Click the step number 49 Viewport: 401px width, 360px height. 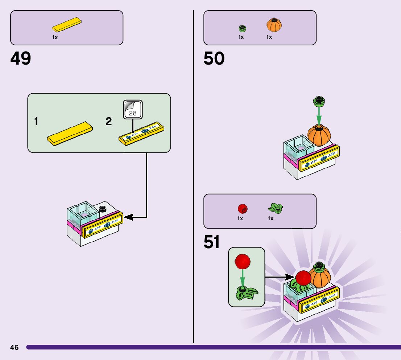tap(21, 58)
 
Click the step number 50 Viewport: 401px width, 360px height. tap(214, 58)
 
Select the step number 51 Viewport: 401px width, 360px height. tap(212, 242)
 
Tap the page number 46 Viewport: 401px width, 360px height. tap(15, 347)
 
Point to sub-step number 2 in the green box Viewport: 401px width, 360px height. tap(108, 122)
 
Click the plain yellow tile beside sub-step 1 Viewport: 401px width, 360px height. tap(70, 133)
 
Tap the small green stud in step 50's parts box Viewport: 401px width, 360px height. tap(242, 28)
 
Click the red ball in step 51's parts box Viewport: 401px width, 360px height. tap(243, 209)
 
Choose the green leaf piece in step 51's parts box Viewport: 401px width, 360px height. tap(276, 208)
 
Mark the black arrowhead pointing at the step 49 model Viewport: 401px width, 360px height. tap(128, 217)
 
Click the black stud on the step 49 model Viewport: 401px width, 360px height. tap(102, 209)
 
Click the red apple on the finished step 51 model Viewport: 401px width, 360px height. tap(303, 278)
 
